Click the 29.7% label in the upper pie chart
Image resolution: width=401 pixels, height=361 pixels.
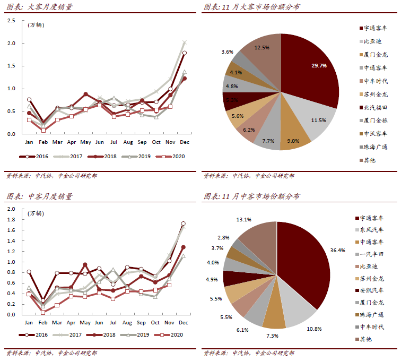(319, 66)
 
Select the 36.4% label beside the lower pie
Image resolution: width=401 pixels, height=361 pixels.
(337, 250)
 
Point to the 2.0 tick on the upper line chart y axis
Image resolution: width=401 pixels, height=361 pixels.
(12, 43)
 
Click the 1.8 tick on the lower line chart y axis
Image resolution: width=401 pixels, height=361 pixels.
(11, 219)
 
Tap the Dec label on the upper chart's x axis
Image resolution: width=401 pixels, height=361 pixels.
(184, 142)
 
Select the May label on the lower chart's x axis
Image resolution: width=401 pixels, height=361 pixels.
(84, 323)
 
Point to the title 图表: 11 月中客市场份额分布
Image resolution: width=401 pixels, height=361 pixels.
(251, 196)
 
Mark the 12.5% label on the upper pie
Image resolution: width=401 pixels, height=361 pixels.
(261, 47)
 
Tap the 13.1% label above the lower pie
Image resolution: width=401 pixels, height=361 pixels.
(244, 219)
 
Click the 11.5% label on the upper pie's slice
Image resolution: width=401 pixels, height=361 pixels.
(318, 121)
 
